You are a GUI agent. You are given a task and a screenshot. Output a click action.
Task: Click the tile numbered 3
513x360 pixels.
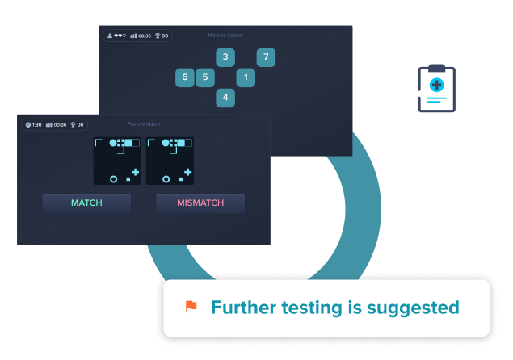click(225, 57)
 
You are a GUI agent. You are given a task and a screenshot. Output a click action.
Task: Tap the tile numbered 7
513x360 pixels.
click(266, 57)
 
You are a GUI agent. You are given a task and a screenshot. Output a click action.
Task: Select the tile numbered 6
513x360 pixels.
click(185, 77)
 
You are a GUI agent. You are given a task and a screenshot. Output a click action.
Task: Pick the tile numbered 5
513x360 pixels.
click(205, 77)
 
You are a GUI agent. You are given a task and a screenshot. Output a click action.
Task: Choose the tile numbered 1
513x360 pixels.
click(246, 77)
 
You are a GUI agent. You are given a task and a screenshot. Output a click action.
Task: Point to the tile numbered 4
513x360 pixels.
click(225, 98)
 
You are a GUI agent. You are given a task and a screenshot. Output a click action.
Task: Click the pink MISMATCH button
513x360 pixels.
click(200, 203)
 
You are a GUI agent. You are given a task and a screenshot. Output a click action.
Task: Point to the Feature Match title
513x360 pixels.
click(144, 124)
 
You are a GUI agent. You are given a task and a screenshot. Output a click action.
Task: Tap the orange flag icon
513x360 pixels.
click(191, 307)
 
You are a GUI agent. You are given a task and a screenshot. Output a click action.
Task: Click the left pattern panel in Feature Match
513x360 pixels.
click(117, 161)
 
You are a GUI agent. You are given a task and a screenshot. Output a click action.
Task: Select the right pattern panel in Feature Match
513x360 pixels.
click(170, 161)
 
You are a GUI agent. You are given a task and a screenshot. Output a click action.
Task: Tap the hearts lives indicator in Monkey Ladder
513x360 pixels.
click(120, 36)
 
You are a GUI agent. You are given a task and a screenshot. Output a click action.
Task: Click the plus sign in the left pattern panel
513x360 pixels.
click(135, 172)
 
